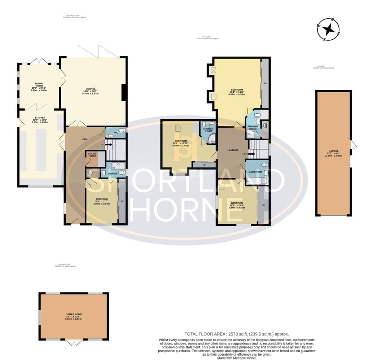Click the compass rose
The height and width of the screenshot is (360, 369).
[x=328, y=29]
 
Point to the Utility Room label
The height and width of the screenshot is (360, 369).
[x=92, y=155]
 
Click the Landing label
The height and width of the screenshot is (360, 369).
[x=232, y=150]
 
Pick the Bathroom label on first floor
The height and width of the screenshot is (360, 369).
[x=255, y=172]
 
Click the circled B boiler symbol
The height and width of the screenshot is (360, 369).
[x=266, y=126]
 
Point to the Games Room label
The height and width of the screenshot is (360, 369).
[x=73, y=316]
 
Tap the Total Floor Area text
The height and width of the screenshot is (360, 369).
[x=236, y=334]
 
